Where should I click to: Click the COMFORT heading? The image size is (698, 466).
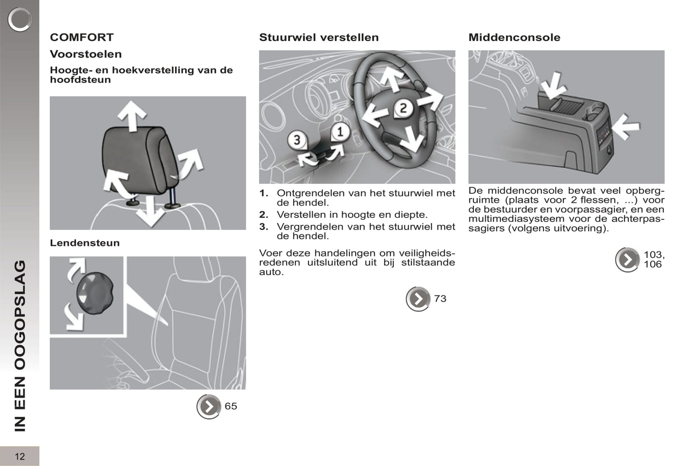[x=82, y=37]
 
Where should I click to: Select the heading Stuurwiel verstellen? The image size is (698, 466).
[x=319, y=37]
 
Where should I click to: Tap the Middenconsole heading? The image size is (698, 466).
[x=514, y=37]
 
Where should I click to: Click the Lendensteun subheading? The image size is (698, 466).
[x=85, y=243]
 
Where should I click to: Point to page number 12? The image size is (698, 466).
[x=19, y=456]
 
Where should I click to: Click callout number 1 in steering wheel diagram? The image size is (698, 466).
[x=340, y=131]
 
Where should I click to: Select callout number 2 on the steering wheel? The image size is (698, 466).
[x=403, y=108]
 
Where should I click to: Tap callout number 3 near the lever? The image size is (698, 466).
[x=297, y=140]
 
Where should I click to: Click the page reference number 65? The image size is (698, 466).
[x=231, y=406]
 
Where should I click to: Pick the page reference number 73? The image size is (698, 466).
[x=440, y=299]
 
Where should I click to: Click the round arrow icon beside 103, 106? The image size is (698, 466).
[x=627, y=260]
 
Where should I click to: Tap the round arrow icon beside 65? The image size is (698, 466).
[x=209, y=407]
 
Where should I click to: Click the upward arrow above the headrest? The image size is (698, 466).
[x=132, y=115]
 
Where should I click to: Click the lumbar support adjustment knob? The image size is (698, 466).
[x=95, y=293]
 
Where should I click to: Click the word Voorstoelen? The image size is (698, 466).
[x=85, y=54]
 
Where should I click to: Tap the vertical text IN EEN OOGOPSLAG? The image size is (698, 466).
[x=19, y=346]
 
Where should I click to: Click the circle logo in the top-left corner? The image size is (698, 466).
[x=19, y=19]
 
